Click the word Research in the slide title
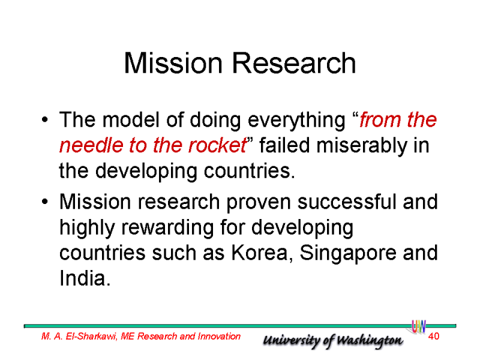(x=294, y=63)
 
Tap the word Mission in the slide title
(x=173, y=63)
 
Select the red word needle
(x=91, y=145)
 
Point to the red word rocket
(x=217, y=145)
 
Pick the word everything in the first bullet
(x=296, y=120)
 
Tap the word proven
(x=259, y=203)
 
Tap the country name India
(x=85, y=278)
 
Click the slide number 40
(x=433, y=336)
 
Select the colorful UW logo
(x=418, y=326)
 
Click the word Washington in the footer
(x=370, y=340)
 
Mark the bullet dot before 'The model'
(x=44, y=119)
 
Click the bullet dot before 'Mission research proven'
(x=44, y=202)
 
